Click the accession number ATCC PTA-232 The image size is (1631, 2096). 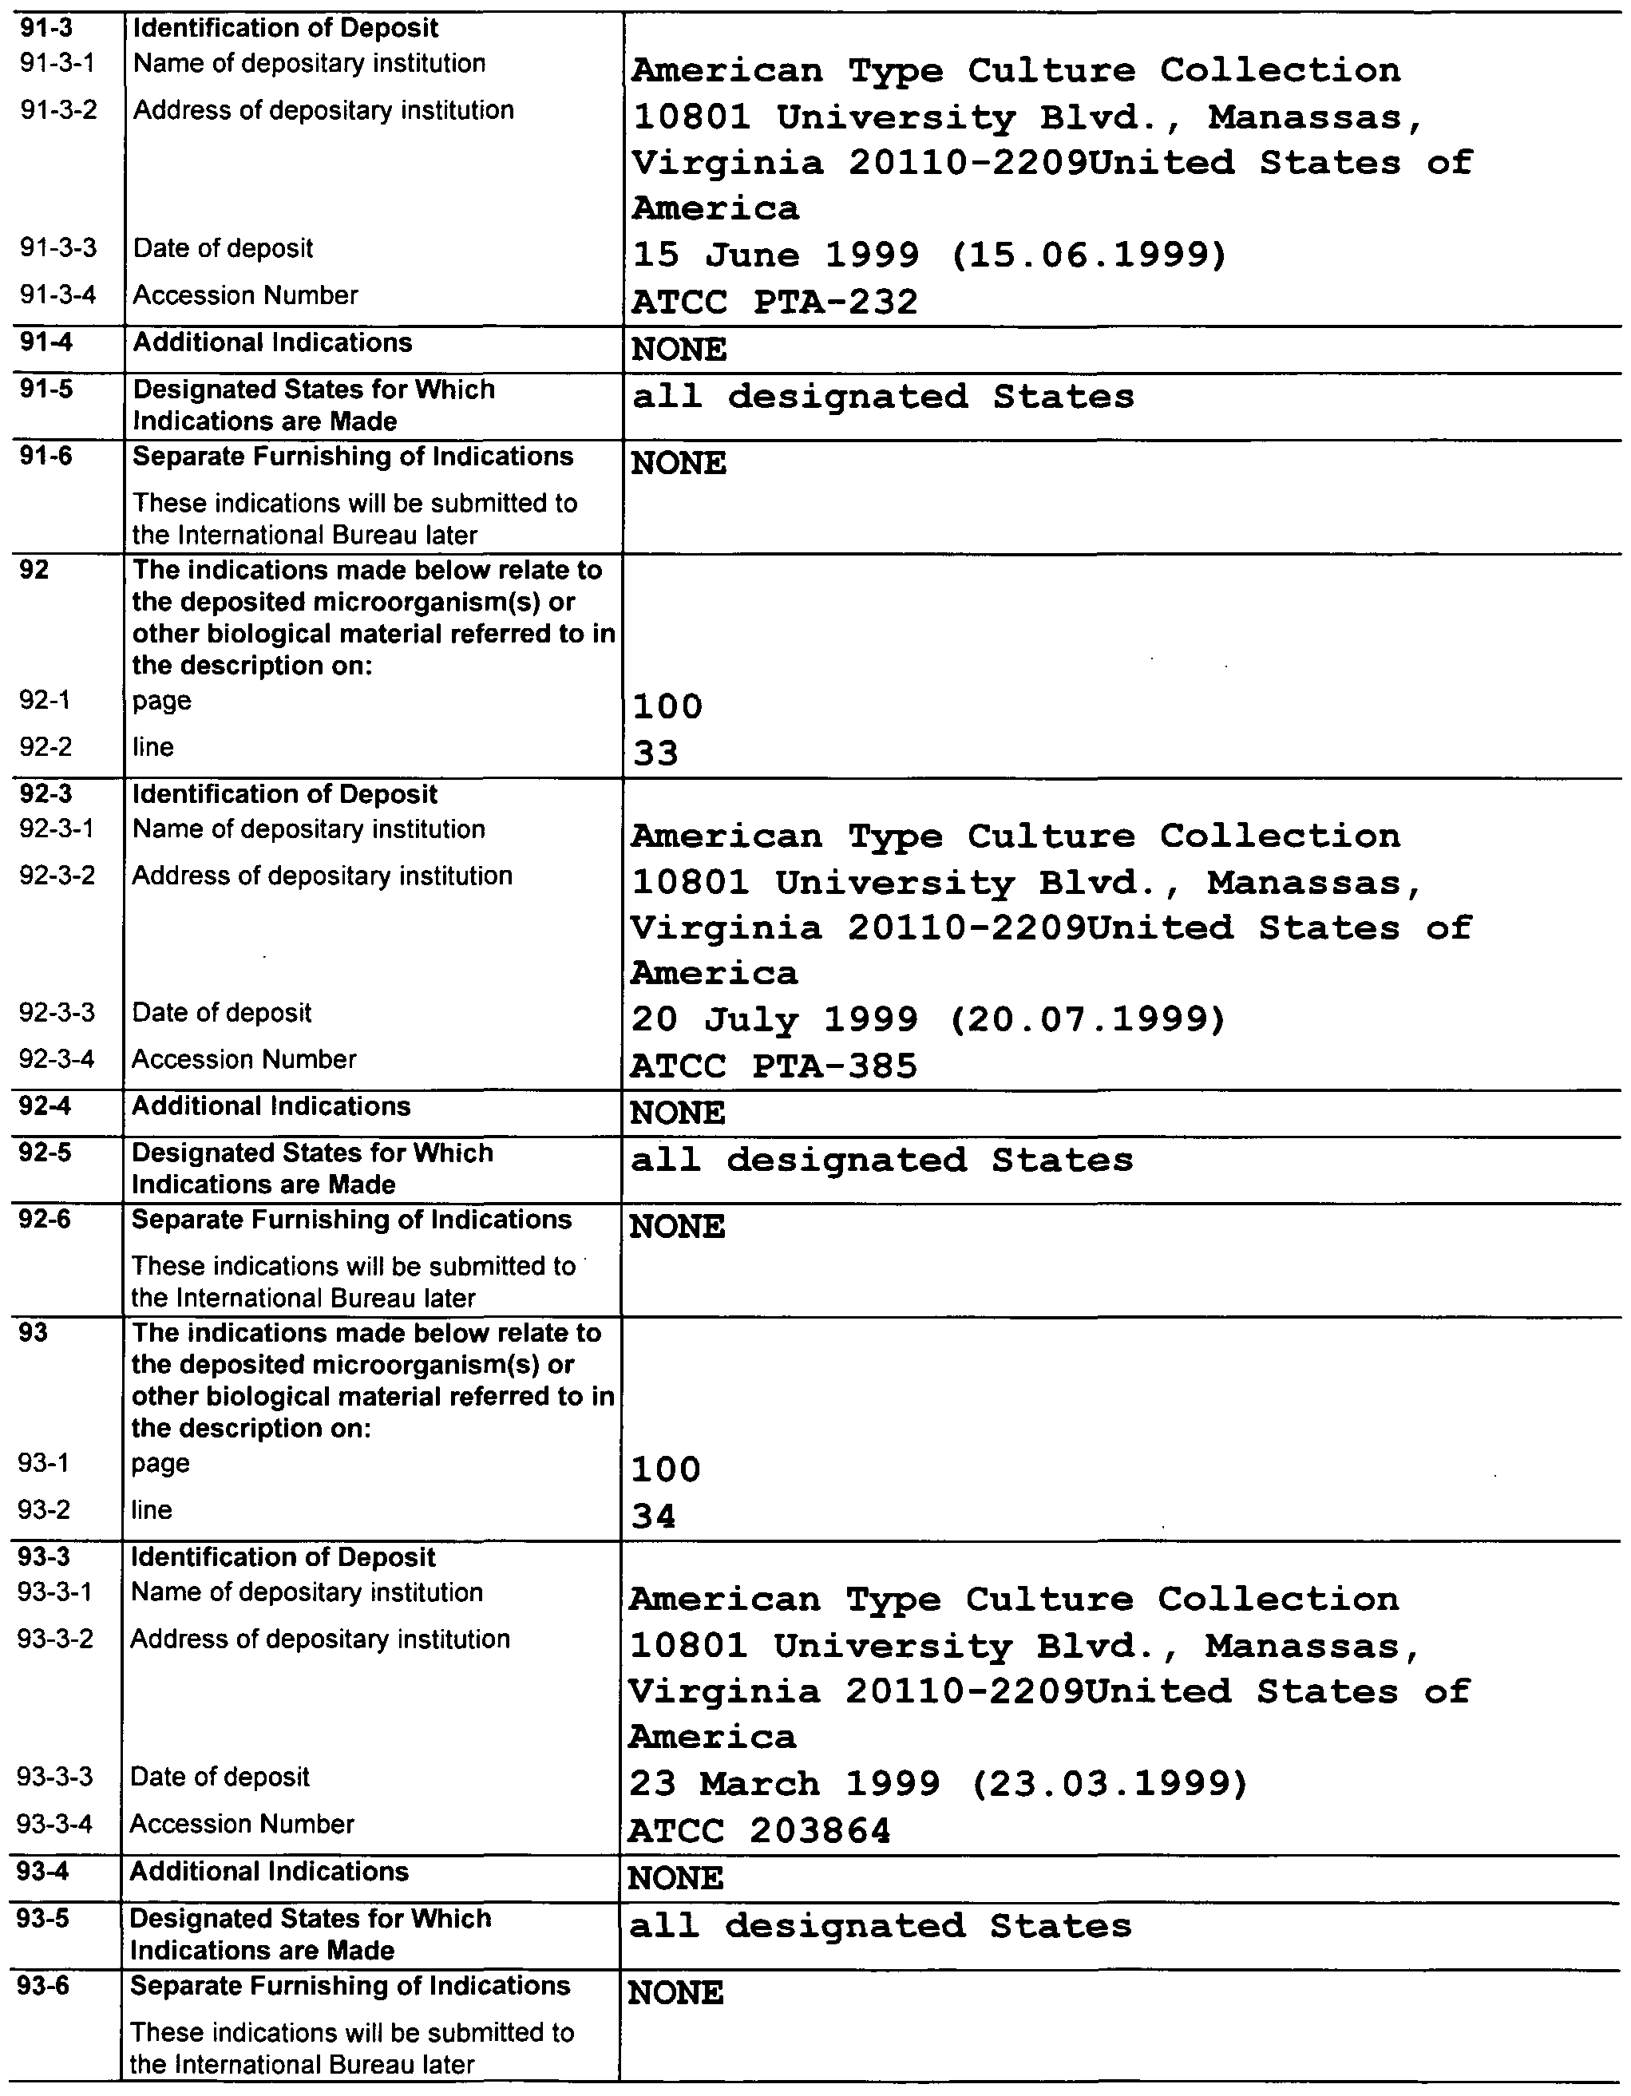(x=774, y=302)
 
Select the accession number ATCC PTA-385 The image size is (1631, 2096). (x=773, y=1066)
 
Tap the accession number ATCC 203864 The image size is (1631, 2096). (x=759, y=1831)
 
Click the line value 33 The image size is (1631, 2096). (x=655, y=753)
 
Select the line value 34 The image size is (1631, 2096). (x=654, y=1517)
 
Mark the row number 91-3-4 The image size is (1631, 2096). (x=58, y=295)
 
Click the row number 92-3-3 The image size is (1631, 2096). (x=57, y=1013)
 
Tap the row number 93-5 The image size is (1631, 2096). (x=43, y=1919)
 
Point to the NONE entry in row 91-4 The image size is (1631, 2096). (x=679, y=350)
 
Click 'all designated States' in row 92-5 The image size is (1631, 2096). (x=881, y=1161)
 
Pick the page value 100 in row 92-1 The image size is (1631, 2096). (x=667, y=707)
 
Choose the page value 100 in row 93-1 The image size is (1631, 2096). (x=665, y=1469)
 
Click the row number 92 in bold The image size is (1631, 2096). (x=34, y=570)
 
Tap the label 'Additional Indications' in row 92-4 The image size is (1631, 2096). (x=271, y=1105)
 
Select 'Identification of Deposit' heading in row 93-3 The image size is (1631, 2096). (x=283, y=1557)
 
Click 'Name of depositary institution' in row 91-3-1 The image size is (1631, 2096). (x=309, y=63)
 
